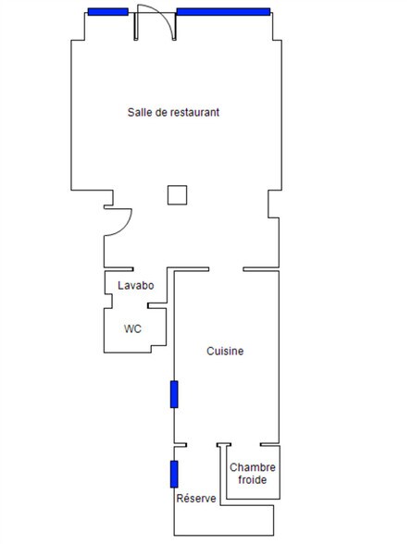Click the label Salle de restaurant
coord(173,112)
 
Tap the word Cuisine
coord(225,351)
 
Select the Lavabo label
coord(136,285)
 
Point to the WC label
coord(132,328)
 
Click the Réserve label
coord(196,498)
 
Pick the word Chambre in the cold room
coord(253,467)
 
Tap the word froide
coord(253,480)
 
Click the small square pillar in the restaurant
coord(178,195)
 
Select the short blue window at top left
coord(108,12)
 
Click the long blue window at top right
coord(224,12)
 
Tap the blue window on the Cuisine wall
coord(174,394)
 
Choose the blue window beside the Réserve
coord(174,474)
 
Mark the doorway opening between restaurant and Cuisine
coord(226,269)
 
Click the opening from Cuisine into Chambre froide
coord(246,444)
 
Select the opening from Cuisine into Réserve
coord(202,444)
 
